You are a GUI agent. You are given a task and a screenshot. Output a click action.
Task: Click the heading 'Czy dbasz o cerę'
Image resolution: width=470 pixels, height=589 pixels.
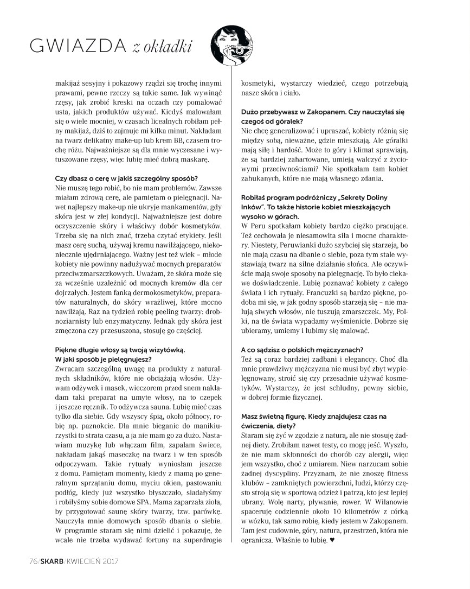[127, 178]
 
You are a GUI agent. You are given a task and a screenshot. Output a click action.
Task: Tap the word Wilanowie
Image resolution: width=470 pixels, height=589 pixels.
[389, 501]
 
